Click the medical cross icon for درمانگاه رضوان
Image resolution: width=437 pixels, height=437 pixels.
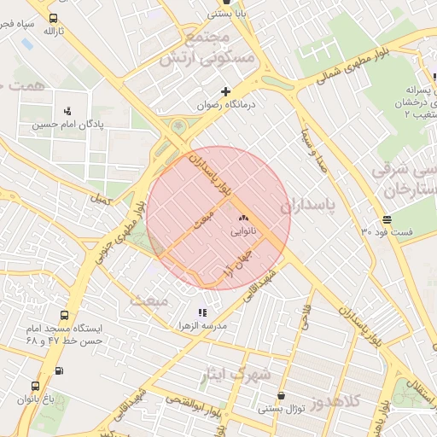click(225, 91)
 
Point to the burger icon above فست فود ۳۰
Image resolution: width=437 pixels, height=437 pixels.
click(387, 218)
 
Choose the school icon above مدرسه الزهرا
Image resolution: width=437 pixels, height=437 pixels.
click(202, 312)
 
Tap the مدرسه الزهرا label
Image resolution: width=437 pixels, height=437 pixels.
click(202, 326)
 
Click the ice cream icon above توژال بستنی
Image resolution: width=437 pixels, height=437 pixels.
click(282, 395)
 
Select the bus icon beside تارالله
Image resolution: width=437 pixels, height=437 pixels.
click(54, 18)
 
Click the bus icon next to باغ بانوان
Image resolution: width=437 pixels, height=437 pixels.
click(35, 386)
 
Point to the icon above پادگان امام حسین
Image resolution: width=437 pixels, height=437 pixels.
click(67, 111)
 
